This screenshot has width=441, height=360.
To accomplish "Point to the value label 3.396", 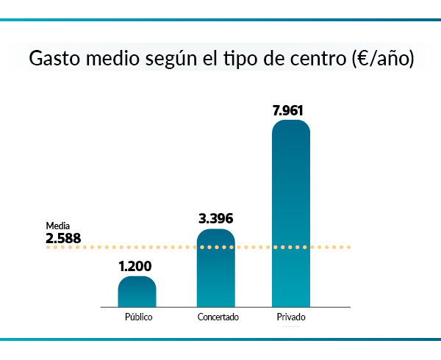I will pyautogui.click(x=216, y=219).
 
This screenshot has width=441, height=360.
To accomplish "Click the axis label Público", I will pyautogui.click(x=137, y=317).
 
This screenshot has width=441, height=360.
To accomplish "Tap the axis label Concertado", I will pyautogui.click(x=217, y=317).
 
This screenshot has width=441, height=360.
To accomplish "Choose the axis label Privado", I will pyautogui.click(x=291, y=317).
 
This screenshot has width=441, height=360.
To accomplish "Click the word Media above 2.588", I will pyautogui.click(x=57, y=226).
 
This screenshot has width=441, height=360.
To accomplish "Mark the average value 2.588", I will pyautogui.click(x=63, y=238).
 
